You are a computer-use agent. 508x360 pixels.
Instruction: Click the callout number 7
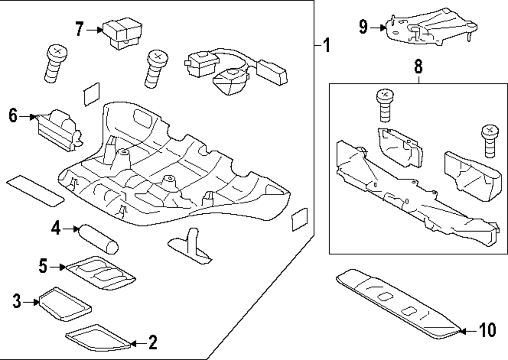[x=79, y=29]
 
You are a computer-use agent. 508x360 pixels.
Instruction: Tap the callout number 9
[x=363, y=26]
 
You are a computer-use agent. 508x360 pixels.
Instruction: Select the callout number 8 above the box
[x=418, y=66]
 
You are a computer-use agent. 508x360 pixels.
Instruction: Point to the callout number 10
[x=487, y=332]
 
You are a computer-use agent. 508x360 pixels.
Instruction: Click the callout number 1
[x=327, y=46]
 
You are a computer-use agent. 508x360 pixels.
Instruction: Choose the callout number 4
[x=56, y=230]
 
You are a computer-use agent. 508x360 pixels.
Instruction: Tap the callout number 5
[x=43, y=266]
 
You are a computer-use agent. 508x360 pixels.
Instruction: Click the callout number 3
[x=17, y=302]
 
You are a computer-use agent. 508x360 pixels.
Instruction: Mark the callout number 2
[x=152, y=343]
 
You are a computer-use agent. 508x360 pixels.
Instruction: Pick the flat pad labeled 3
[x=65, y=303]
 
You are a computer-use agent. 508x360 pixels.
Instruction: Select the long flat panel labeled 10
[x=398, y=304]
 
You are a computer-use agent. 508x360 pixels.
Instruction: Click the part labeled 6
[x=59, y=128]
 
